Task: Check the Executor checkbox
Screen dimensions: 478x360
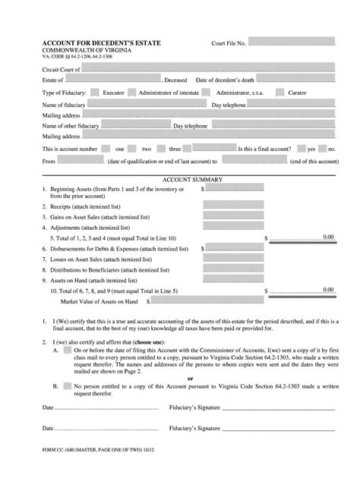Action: click(94, 92)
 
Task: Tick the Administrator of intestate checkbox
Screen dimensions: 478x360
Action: click(132, 92)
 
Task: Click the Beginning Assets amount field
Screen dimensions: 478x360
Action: click(233, 188)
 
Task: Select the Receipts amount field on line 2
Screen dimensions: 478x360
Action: click(233, 206)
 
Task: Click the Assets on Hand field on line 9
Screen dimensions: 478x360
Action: click(233, 279)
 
